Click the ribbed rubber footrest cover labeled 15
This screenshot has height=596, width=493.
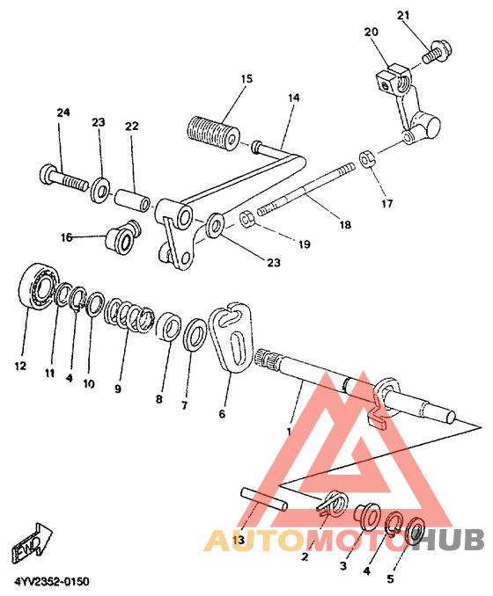[214, 132]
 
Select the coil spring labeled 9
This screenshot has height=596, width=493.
[129, 315]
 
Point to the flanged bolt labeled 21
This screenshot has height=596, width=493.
[437, 53]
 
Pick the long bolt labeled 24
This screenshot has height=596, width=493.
[63, 178]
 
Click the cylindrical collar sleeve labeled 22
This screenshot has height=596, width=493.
[132, 200]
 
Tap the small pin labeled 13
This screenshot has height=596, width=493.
[264, 499]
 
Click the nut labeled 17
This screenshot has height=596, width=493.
[367, 158]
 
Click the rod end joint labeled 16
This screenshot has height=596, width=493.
[122, 236]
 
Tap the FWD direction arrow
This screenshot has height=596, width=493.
[32, 542]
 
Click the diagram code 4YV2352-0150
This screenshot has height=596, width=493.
[52, 582]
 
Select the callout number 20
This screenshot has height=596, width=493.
[371, 32]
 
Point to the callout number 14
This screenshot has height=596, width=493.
[293, 98]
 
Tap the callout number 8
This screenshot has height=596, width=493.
[158, 399]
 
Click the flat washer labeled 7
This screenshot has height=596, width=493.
[195, 334]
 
